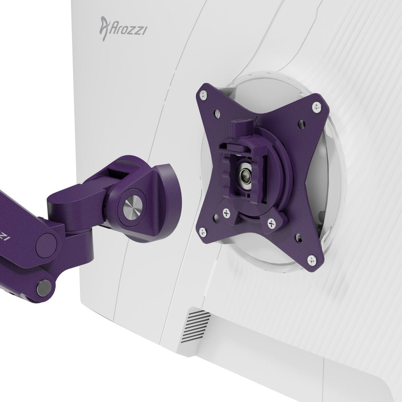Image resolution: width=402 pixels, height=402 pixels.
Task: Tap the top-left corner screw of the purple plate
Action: coord(202,96)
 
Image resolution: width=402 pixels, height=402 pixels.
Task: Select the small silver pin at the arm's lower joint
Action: coord(44,284)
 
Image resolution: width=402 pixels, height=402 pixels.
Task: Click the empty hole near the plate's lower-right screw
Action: coord(299,238)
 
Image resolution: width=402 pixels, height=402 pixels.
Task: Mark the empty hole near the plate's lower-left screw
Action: coord(216,218)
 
